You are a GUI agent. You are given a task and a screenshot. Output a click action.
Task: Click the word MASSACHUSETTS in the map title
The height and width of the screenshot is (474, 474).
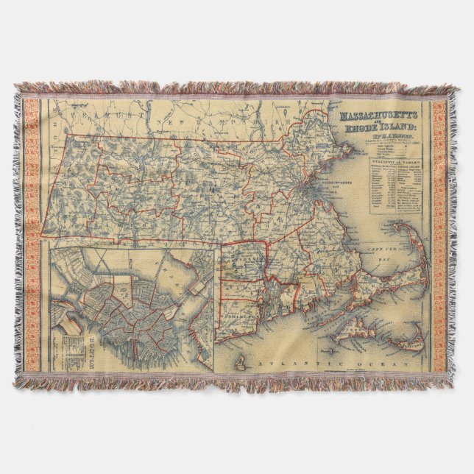[x=378, y=116]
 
